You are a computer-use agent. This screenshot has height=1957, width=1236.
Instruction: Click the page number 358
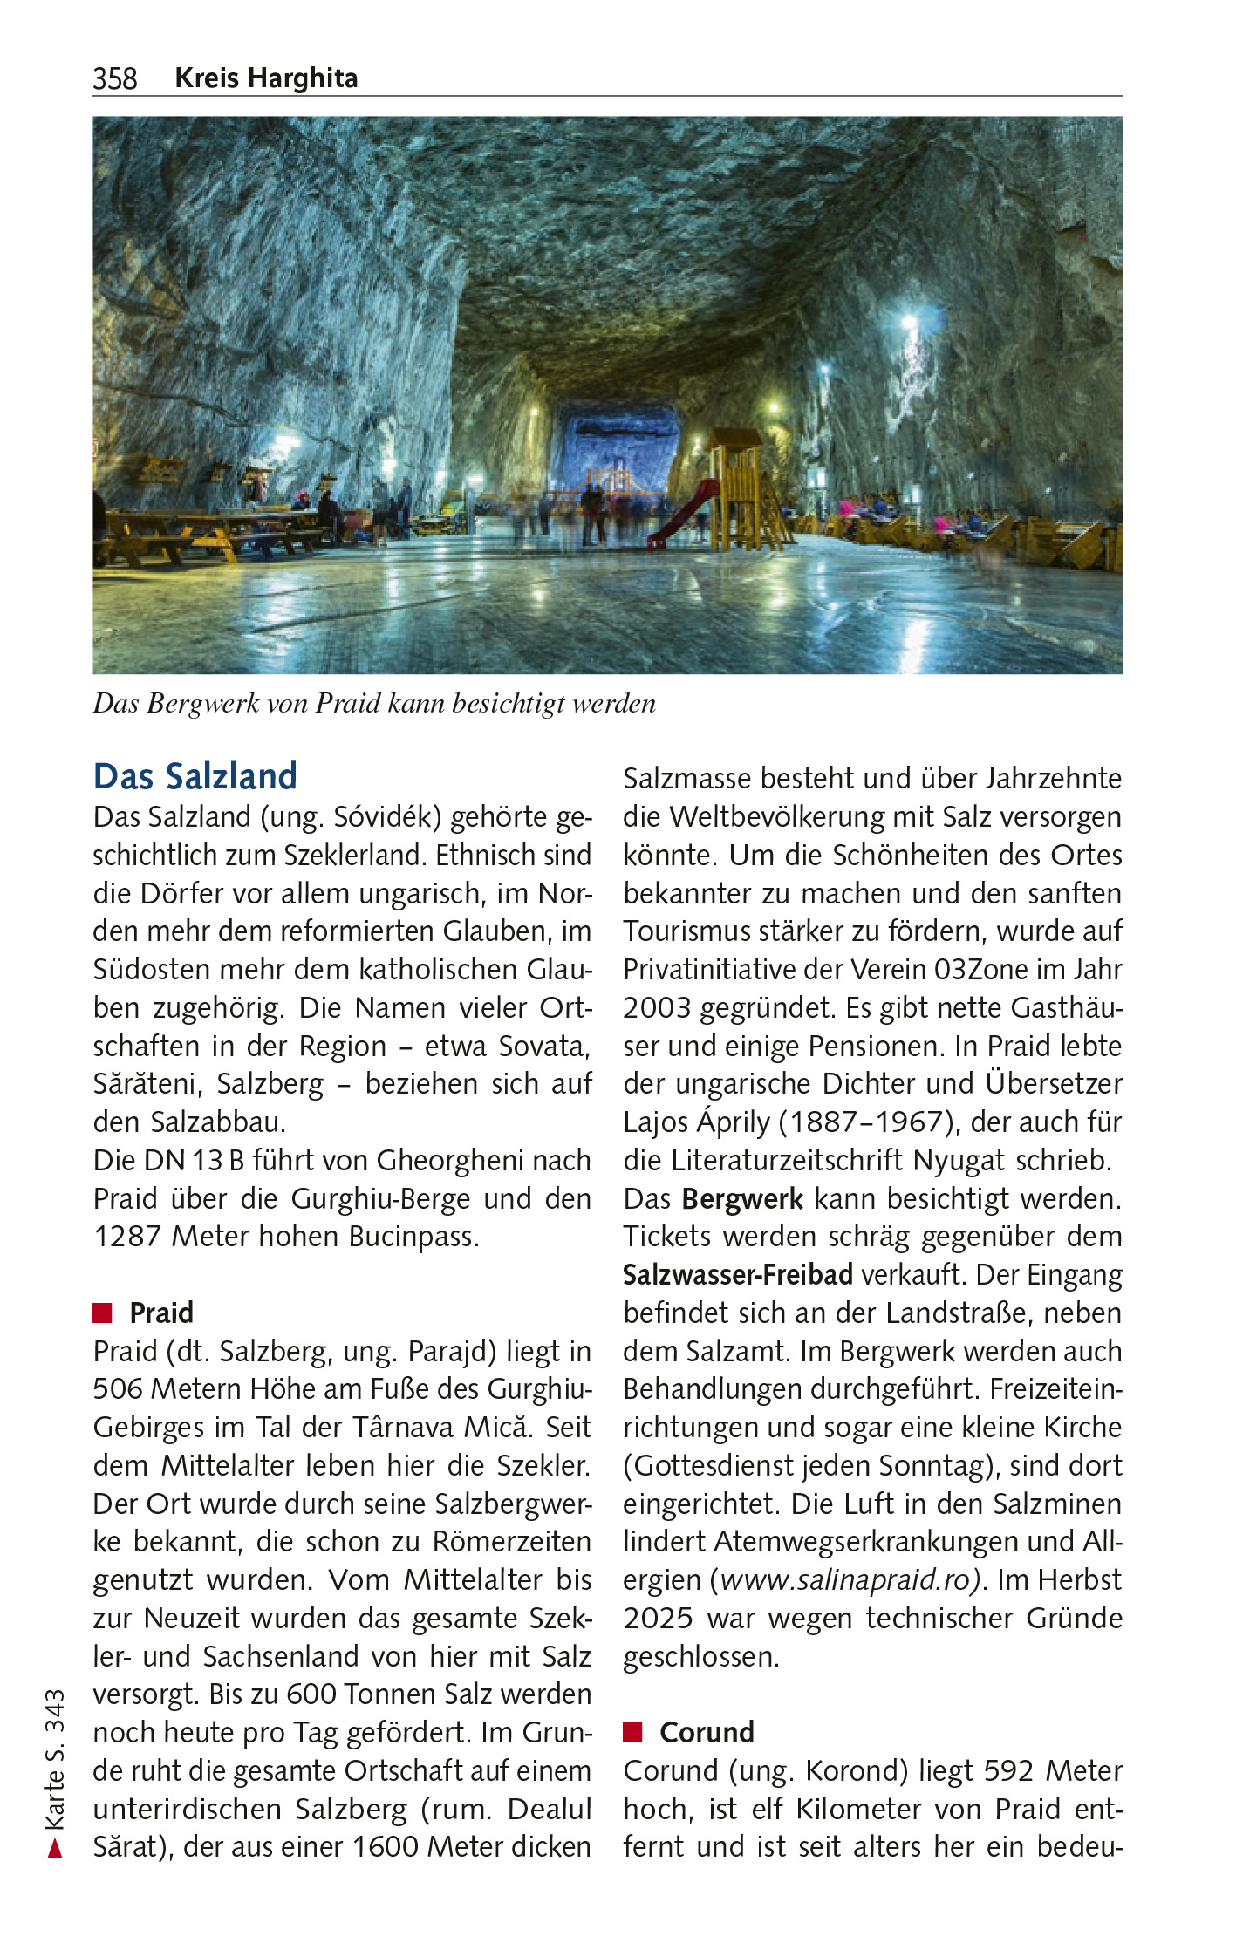(115, 78)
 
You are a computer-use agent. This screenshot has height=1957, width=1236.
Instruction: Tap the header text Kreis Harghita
(266, 78)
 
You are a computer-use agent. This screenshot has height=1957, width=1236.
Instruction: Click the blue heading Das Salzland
(195, 776)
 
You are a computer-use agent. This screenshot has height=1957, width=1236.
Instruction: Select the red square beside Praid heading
(103, 1313)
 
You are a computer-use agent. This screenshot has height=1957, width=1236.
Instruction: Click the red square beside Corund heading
(632, 1732)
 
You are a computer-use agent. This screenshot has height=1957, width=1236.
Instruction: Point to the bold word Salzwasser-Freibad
(737, 1275)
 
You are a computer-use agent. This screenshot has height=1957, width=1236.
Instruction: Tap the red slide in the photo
(680, 515)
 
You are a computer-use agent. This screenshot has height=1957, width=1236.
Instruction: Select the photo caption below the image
(374, 704)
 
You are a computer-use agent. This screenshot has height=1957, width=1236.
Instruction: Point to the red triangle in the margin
(55, 1847)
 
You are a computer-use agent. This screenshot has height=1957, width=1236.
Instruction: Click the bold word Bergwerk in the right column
(742, 1199)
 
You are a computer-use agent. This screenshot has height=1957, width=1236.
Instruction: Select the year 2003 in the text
(656, 1008)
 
